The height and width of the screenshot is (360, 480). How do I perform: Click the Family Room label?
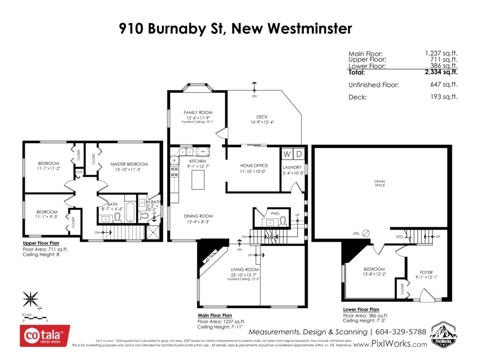point(197,112)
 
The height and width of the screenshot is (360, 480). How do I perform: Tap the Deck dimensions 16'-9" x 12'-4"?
point(262,122)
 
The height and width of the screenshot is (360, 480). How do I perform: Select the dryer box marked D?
point(300,154)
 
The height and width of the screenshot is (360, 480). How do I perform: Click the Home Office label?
point(254,165)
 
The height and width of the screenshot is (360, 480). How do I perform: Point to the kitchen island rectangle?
point(198,180)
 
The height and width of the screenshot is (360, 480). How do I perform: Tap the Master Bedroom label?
point(129,164)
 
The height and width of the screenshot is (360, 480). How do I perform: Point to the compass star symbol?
point(30,299)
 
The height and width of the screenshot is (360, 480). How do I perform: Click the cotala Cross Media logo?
point(45,336)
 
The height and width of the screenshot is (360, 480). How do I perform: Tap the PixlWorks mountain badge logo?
point(443,334)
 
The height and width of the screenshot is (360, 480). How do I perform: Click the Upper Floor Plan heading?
point(41,244)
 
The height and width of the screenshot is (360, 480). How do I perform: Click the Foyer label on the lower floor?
point(426,272)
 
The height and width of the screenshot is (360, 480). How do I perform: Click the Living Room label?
point(245,270)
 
